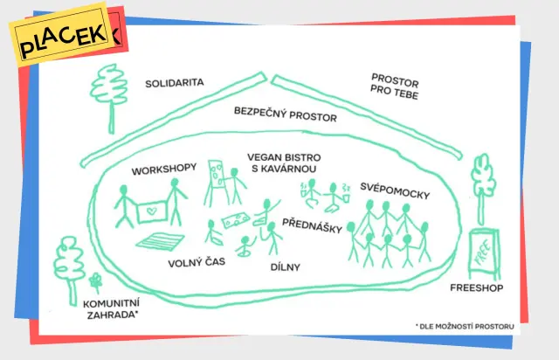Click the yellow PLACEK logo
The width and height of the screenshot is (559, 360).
point(62,35)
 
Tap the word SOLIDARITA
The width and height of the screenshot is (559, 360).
point(175,83)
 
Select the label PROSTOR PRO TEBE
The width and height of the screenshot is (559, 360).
point(394,87)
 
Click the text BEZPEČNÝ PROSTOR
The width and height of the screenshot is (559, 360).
point(286,114)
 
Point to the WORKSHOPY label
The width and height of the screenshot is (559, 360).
point(164,169)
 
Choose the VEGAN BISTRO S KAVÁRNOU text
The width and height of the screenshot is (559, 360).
point(284,163)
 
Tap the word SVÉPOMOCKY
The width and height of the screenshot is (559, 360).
point(395,190)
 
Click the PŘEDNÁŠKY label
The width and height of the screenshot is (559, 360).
point(313,225)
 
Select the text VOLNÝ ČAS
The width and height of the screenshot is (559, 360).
point(197,262)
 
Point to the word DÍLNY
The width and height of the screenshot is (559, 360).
point(286,267)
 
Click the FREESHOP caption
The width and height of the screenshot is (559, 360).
point(476,287)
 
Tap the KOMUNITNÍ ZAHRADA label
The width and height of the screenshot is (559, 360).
point(112,309)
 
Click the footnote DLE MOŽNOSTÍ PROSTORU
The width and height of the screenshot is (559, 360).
point(465,326)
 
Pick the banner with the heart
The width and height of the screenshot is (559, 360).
point(152,212)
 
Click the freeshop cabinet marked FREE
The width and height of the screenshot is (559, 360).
point(484,254)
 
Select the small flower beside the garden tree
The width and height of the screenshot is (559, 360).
point(95,282)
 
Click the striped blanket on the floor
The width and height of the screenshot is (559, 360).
point(160,241)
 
